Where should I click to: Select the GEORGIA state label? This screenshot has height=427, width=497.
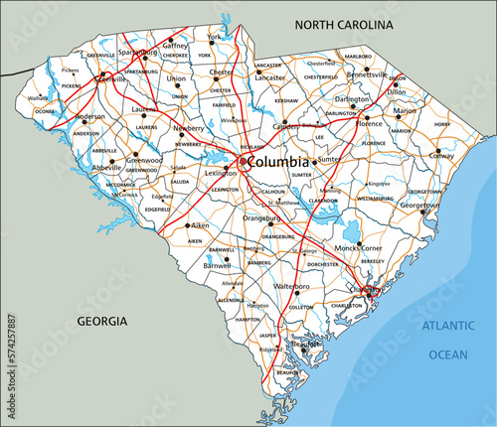click(103, 321)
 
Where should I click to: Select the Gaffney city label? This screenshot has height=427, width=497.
click(175, 46)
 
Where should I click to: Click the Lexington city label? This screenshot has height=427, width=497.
click(219, 172)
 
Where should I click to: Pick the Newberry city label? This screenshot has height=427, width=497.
click(191, 129)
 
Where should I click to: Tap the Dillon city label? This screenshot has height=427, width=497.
click(396, 90)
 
